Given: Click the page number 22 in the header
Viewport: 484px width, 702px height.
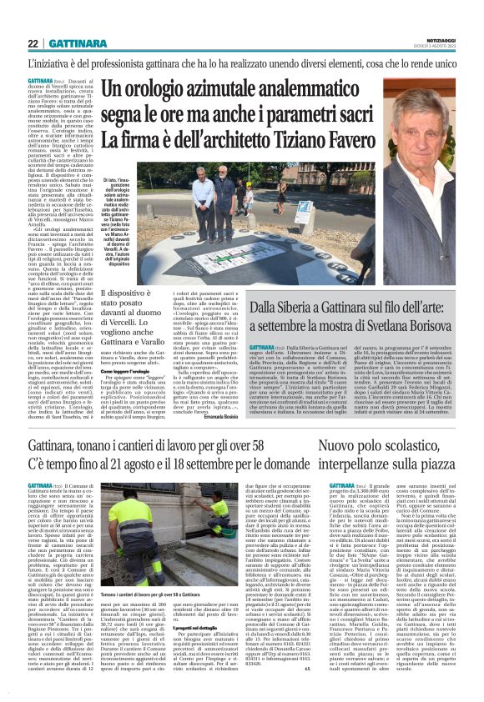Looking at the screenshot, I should click(34, 43).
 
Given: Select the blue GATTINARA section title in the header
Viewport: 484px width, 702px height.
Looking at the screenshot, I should click(83, 43).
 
